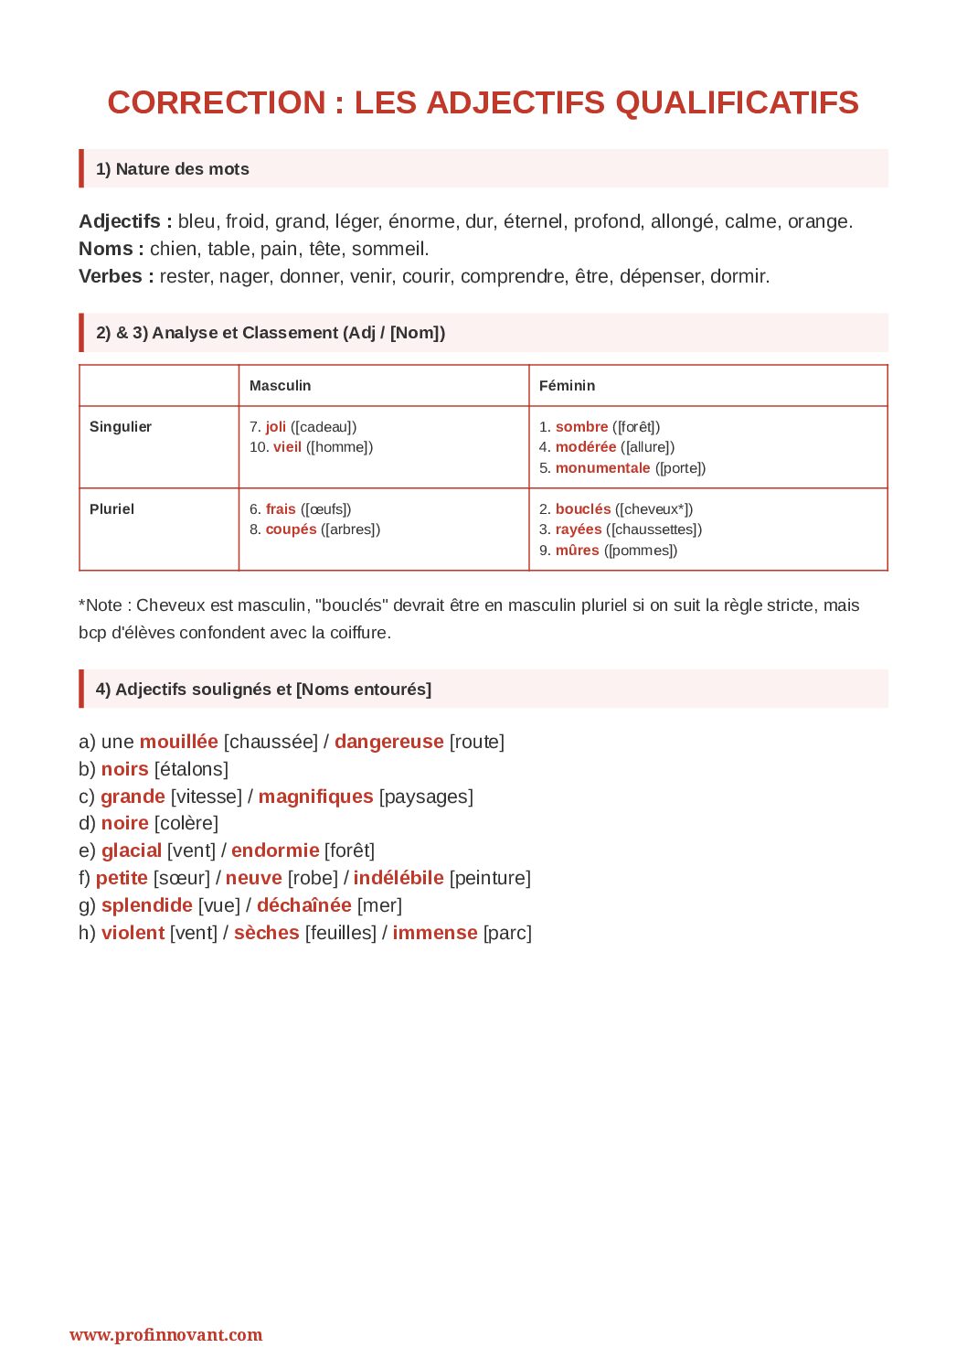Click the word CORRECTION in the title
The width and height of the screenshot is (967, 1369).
coord(217,102)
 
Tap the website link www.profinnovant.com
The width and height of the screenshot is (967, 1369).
coord(165,1334)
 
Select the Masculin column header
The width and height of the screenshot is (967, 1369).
coord(280,386)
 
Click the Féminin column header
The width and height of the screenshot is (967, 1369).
coord(567,386)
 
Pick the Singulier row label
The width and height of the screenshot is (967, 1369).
coord(121,427)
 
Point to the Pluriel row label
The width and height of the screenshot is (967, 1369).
coord(112,509)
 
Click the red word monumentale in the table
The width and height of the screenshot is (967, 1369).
coord(602,468)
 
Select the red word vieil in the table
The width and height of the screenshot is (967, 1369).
coord(287,447)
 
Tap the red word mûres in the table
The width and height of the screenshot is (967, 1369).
coord(577,551)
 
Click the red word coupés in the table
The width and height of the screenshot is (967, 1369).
coord(291,529)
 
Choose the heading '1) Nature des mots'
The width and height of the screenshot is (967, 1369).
coord(173,169)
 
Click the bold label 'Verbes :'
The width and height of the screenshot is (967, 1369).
coord(116,276)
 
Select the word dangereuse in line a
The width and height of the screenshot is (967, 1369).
coord(388,742)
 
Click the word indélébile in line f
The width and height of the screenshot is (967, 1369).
coord(398,878)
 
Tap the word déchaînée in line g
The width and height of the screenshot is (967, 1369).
coord(303,905)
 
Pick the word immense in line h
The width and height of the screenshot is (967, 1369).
coord(435,933)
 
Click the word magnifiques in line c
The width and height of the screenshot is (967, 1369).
coord(315,797)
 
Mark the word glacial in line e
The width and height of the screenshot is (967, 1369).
coord(132,850)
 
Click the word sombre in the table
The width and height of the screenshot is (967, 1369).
coord(581,427)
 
